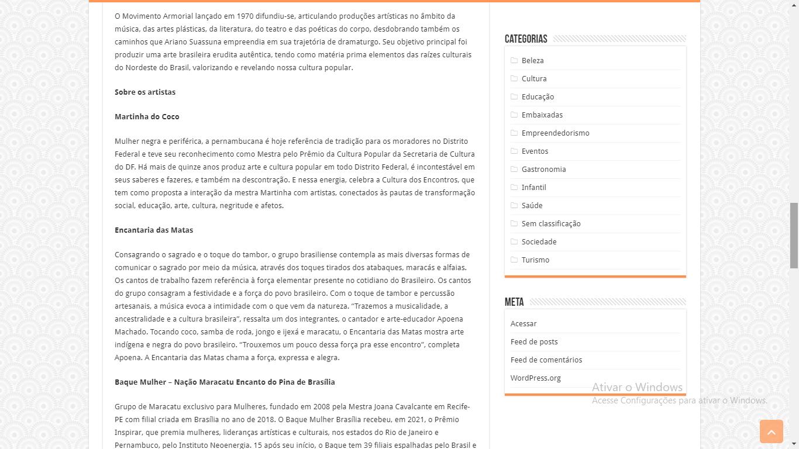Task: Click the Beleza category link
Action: pyautogui.click(x=532, y=60)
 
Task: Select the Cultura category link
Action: pyautogui.click(x=533, y=78)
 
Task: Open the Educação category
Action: pyautogui.click(x=538, y=96)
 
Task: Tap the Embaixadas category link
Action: pyautogui.click(x=542, y=115)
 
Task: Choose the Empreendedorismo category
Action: pyautogui.click(x=555, y=133)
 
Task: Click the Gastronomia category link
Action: pyautogui.click(x=543, y=169)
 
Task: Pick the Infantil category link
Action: pyautogui.click(x=533, y=187)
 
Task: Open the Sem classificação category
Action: pyautogui.click(x=550, y=223)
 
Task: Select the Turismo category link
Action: pyautogui.click(x=535, y=260)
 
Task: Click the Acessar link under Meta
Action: pyautogui.click(x=523, y=323)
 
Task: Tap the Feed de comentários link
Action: pyautogui.click(x=546, y=360)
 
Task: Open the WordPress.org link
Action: pyautogui.click(x=535, y=378)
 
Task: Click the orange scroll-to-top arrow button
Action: pyautogui.click(x=771, y=431)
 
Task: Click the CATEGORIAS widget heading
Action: pyautogui.click(x=526, y=39)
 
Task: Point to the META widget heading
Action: pyautogui.click(x=514, y=302)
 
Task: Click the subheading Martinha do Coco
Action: pyautogui.click(x=147, y=116)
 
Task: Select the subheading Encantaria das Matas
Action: pyautogui.click(x=154, y=230)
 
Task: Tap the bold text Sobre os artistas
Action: pyautogui.click(x=145, y=92)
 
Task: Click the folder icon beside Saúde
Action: pyautogui.click(x=514, y=205)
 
